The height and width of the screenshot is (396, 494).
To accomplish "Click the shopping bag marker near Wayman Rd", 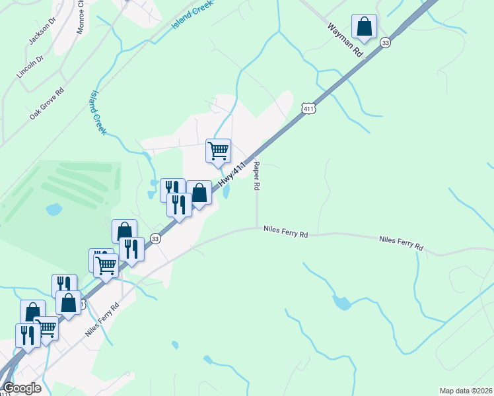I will click(364, 27).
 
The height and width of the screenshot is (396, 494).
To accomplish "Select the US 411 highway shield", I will click(308, 108).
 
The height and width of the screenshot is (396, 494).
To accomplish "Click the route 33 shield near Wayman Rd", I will click(386, 42).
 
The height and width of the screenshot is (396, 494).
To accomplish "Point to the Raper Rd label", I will click(256, 177).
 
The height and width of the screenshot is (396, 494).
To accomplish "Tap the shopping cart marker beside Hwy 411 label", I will click(218, 151).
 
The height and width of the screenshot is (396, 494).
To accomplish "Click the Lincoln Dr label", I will click(30, 67).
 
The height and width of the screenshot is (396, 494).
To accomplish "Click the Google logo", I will click(22, 388).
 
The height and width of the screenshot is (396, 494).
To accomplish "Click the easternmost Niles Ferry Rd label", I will click(401, 243).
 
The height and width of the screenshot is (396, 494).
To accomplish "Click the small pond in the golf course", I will click(53, 210).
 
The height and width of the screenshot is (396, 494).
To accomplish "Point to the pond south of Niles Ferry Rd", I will click(341, 303).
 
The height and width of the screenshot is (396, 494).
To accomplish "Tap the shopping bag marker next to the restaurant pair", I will click(199, 193).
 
